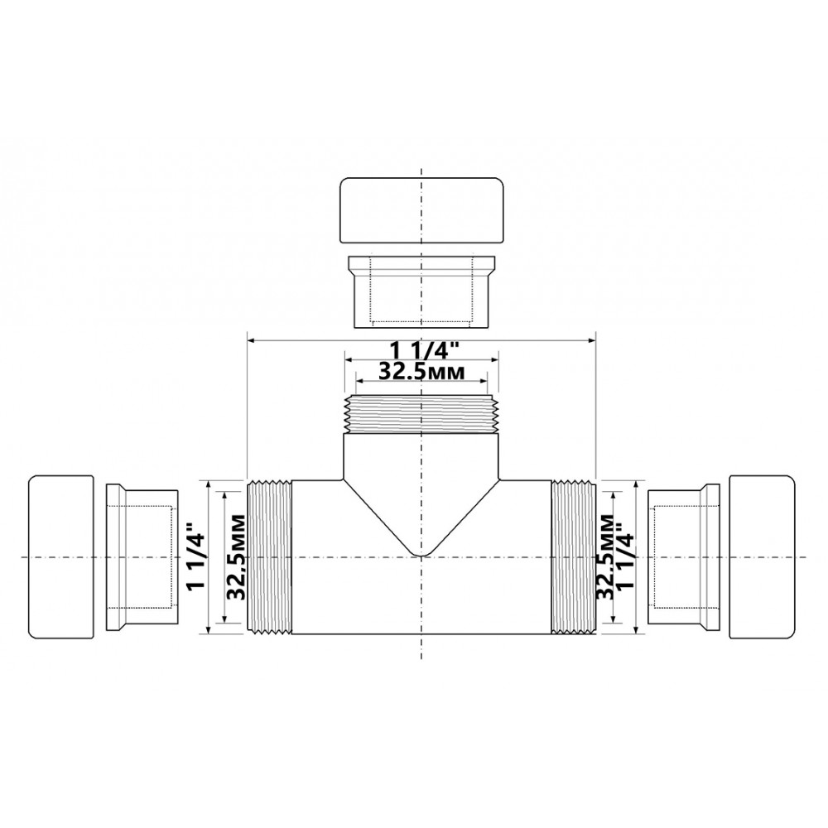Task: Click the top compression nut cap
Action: click(421, 210)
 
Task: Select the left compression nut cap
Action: click(60, 557)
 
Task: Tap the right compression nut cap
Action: click(762, 556)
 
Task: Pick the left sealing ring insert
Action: click(142, 557)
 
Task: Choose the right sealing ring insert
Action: click(684, 557)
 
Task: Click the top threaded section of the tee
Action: click(421, 414)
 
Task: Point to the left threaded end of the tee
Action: click(269, 557)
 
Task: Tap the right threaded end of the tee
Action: click(574, 557)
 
